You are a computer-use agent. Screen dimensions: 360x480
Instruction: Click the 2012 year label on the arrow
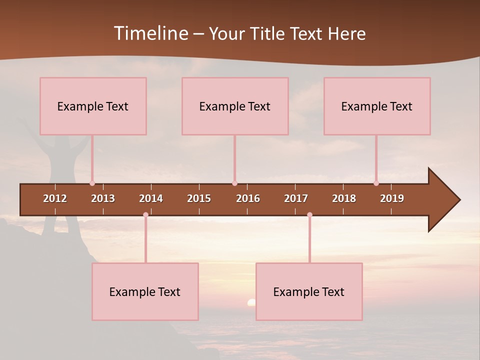click(55, 198)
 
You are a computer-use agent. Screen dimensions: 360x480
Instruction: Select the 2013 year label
click(103, 198)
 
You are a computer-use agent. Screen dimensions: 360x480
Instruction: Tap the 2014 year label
click(151, 198)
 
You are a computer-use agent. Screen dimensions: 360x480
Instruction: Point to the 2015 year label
click(199, 198)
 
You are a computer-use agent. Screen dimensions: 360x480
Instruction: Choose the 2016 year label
click(248, 198)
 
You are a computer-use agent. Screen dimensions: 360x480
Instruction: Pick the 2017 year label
click(296, 198)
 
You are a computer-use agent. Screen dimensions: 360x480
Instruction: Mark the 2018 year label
click(344, 198)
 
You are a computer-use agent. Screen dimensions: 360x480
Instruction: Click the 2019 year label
click(392, 198)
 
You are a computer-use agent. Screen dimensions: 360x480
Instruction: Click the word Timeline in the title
click(150, 33)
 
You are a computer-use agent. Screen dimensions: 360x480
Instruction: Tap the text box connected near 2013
click(93, 106)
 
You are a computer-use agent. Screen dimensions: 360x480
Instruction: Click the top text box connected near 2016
click(235, 106)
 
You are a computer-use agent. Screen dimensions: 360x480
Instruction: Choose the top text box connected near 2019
click(377, 106)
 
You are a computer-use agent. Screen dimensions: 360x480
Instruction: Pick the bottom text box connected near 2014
click(145, 291)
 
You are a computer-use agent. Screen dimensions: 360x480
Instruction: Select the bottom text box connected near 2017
click(309, 291)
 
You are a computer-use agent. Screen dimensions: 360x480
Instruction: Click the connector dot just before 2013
click(92, 183)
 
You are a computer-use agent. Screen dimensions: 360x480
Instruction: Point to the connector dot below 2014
click(145, 215)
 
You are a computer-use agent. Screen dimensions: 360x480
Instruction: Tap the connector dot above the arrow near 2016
click(234, 183)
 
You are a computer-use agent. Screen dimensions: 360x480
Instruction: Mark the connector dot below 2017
click(309, 215)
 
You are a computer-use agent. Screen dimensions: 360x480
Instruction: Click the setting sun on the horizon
click(251, 302)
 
